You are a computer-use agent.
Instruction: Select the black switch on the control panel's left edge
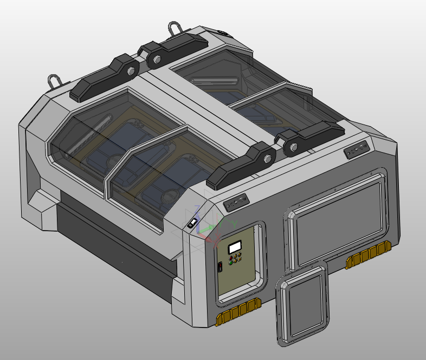click(x=221, y=267)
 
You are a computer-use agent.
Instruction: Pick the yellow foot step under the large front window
click(x=369, y=256)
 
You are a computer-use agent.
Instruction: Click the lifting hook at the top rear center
click(x=176, y=29)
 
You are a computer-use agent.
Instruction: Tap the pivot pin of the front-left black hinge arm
click(x=267, y=159)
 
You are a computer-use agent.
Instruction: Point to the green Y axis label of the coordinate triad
click(x=234, y=223)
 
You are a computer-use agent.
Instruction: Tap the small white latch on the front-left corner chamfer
click(x=192, y=222)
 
